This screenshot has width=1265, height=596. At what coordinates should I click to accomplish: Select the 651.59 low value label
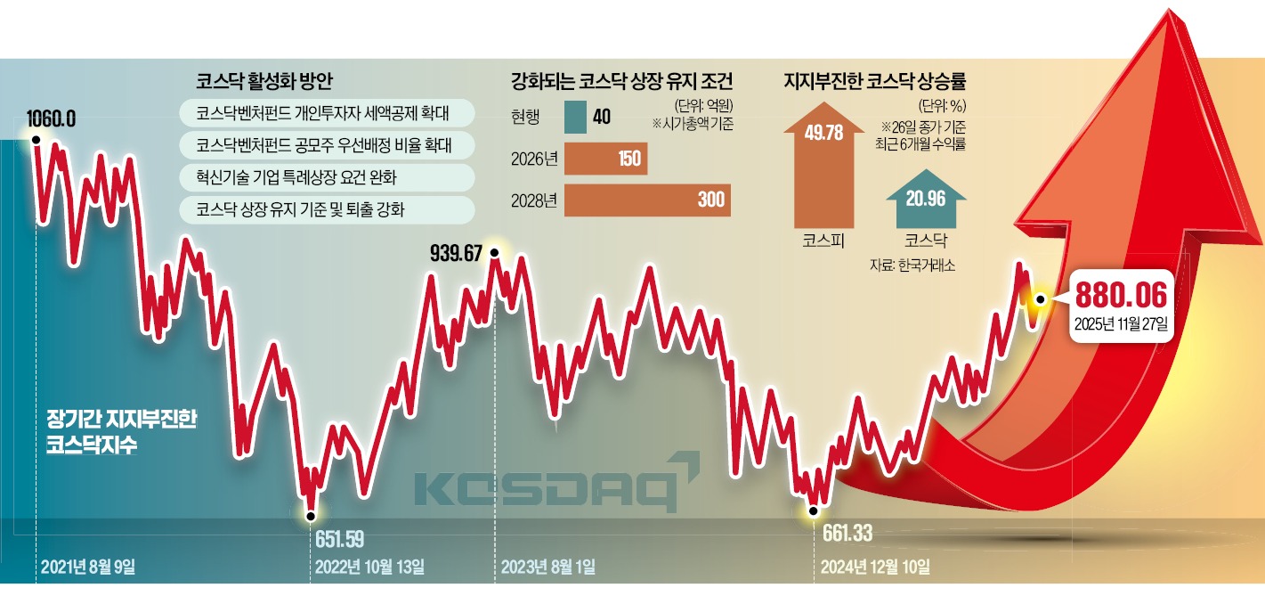pos(339,538)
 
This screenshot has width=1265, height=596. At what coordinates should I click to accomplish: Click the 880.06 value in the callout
pos(1121,295)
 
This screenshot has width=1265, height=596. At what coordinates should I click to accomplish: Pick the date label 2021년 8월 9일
pos(88,567)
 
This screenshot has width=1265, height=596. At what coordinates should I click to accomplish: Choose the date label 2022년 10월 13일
pos(369,567)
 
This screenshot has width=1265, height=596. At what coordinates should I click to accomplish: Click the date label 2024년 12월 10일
pos(873,567)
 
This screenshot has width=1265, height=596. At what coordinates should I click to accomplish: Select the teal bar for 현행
pos(575,116)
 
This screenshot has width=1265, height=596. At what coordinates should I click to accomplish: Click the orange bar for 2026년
pos(606,159)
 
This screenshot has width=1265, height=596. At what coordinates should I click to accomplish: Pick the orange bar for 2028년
pos(647,200)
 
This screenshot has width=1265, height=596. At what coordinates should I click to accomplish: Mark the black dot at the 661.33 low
pos(812,510)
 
